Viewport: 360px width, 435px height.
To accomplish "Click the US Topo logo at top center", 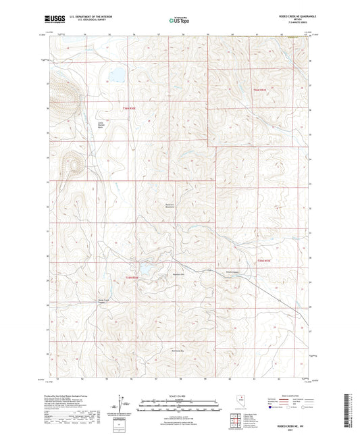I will click(x=179, y=20).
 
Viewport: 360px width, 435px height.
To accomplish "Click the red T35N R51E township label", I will click(x=263, y=260).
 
